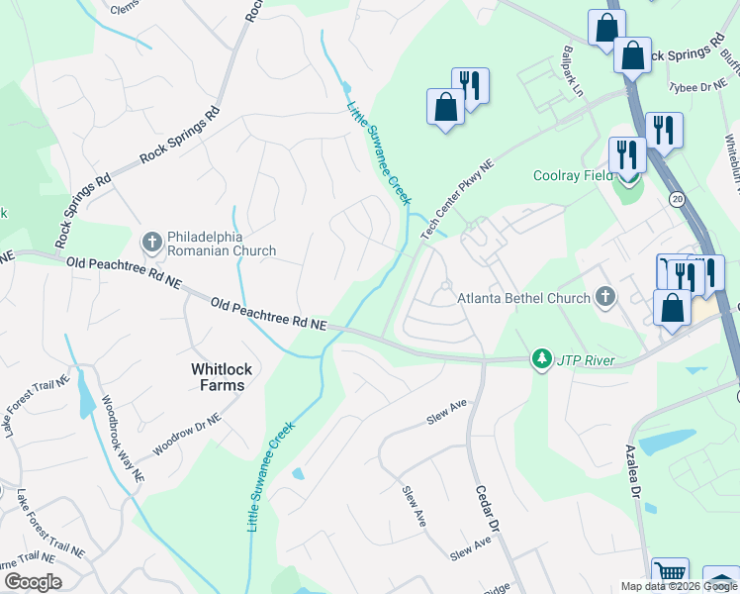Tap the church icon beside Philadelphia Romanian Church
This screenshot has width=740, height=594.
click(151, 239)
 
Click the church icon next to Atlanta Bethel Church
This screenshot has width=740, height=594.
click(605, 296)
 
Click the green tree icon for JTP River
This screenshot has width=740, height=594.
click(541, 358)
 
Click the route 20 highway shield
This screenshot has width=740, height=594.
click(677, 198)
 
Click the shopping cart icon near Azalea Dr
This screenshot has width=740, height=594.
click(671, 573)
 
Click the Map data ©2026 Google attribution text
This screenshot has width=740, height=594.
click(679, 586)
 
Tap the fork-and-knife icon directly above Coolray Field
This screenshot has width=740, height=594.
click(627, 153)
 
